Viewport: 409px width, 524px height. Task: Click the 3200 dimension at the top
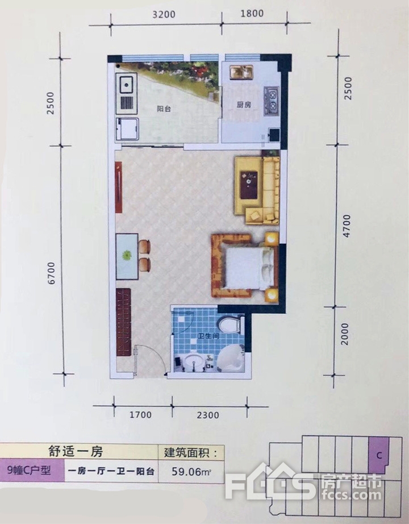coord(164,14)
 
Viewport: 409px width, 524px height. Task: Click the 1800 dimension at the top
coord(252,14)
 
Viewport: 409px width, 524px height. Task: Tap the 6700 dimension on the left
coord(51,273)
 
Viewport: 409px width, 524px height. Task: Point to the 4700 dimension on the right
coord(347,226)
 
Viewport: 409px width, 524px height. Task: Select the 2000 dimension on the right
coord(344,334)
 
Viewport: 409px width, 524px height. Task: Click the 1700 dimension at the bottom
coord(140,415)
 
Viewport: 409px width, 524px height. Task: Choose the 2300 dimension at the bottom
coord(208,415)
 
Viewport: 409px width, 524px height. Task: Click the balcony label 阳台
coord(164,109)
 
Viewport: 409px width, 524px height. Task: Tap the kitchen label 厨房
coord(244,105)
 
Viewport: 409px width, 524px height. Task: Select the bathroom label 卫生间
coord(208,336)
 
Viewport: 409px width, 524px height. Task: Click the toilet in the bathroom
coord(229,324)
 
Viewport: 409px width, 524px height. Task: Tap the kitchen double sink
coord(241,73)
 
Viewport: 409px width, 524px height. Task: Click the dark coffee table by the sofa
coord(249,185)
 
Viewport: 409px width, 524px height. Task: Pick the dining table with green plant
coord(127,256)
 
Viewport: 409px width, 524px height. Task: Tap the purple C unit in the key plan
coord(379,455)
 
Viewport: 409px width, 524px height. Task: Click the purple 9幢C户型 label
coord(30,470)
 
